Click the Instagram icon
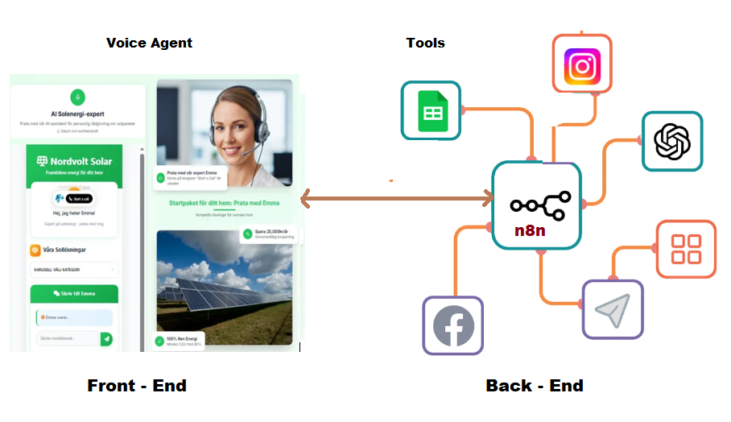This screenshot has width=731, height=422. click(x=582, y=64)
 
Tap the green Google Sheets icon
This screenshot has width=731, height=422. click(x=431, y=112)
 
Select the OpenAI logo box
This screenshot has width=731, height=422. click(x=671, y=142)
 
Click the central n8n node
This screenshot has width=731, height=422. click(x=536, y=205)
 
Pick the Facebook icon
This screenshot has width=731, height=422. click(x=453, y=325)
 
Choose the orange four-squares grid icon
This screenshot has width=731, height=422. click(x=686, y=248)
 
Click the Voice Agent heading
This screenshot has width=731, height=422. click(x=149, y=43)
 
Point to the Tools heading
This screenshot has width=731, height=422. click(x=425, y=43)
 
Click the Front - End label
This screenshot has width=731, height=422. click(x=137, y=386)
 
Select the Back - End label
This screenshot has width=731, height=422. click(x=534, y=386)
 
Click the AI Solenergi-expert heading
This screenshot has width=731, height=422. click(x=77, y=114)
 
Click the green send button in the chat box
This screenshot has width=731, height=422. click(x=106, y=339)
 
